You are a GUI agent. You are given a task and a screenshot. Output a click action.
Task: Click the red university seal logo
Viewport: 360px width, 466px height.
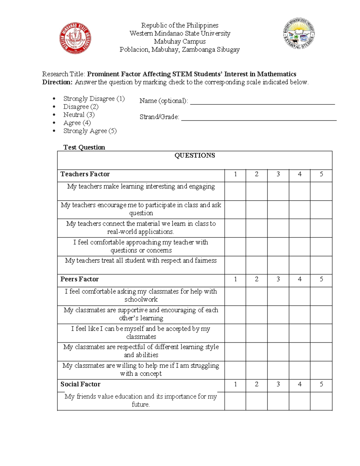pyautogui.click(x=75, y=38)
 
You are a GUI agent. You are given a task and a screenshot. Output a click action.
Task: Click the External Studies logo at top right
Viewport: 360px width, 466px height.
pyautogui.click(x=299, y=34)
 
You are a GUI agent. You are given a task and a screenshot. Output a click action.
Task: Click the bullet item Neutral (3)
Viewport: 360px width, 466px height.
pyautogui.click(x=79, y=115)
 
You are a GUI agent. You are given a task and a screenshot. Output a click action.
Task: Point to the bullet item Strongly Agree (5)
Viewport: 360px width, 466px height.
pyautogui.click(x=90, y=131)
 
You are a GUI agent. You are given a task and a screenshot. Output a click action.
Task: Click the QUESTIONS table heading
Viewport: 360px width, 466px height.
pyautogui.click(x=195, y=155)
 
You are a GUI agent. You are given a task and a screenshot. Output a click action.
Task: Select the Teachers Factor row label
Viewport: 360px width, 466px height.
pyautogui.click(x=85, y=174)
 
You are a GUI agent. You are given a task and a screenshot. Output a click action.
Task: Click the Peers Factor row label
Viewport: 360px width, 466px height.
pyautogui.click(x=79, y=279)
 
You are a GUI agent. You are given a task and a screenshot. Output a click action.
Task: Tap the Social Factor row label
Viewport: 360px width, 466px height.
pyautogui.click(x=80, y=384)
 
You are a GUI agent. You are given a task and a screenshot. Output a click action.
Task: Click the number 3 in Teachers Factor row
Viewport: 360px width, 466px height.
pyautogui.click(x=278, y=174)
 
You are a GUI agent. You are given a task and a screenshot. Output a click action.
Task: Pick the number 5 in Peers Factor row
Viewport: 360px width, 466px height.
pyautogui.click(x=321, y=279)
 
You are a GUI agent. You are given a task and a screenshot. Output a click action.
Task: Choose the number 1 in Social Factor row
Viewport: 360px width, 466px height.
pyautogui.click(x=235, y=384)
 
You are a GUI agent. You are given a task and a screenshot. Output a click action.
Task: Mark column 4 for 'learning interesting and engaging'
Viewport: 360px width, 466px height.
pyautogui.click(x=299, y=191)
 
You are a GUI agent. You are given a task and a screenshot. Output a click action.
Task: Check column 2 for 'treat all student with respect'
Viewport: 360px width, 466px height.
pyautogui.click(x=256, y=265)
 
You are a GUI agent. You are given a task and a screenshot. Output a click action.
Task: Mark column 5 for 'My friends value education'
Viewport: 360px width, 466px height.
pyautogui.click(x=321, y=401)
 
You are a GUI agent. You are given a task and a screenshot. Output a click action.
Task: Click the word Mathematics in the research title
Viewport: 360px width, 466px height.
pyautogui.click(x=277, y=74)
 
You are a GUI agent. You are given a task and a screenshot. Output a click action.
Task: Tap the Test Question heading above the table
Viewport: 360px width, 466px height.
pyautogui.click(x=84, y=147)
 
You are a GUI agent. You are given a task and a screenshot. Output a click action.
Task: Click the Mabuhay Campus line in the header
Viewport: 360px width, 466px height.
pyautogui.click(x=180, y=41)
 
